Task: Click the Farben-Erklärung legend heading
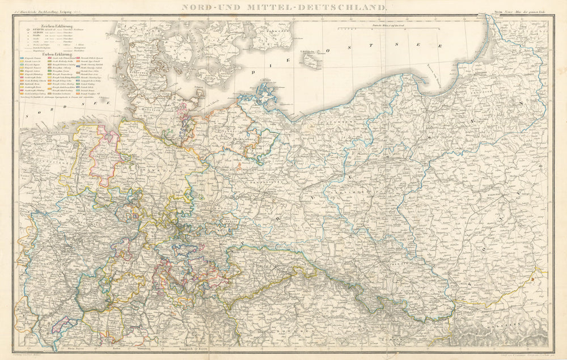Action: [x=50, y=54]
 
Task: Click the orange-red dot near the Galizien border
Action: [x=534, y=278]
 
